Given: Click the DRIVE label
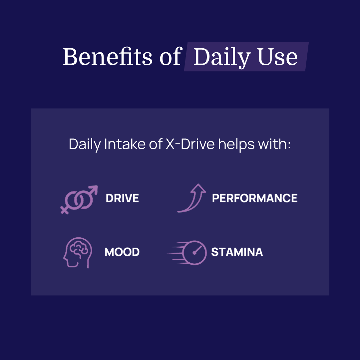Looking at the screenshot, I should (x=122, y=198).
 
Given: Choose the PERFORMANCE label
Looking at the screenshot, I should (x=255, y=198).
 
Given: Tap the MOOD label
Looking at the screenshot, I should (x=122, y=252).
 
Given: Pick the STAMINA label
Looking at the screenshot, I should (x=237, y=252).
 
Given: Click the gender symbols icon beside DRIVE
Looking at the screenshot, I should (x=79, y=199).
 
